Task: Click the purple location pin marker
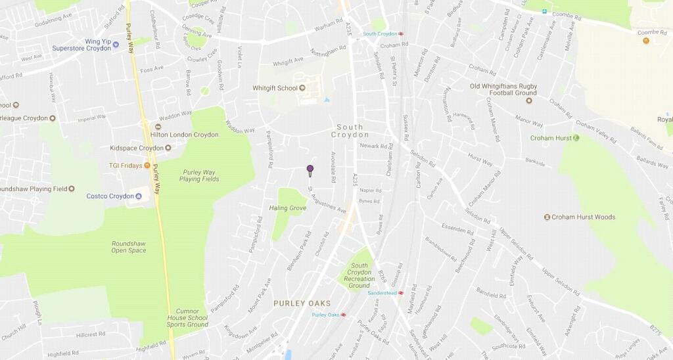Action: pos(310,170)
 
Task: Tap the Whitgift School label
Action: pos(275,88)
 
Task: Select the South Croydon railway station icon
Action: pos(401,34)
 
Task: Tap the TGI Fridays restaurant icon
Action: pos(147,166)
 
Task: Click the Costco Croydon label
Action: pos(110,196)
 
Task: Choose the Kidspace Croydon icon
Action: pos(168,148)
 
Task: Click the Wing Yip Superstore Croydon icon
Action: pos(116,45)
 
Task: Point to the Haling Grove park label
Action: pos(288,208)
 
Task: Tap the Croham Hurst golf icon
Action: pos(576,138)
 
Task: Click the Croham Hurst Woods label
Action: pos(584,217)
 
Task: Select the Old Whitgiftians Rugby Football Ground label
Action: pos(503,89)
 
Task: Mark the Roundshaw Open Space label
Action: pos(128,247)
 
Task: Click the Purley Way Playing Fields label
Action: pos(199,175)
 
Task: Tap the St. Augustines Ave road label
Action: pos(327,200)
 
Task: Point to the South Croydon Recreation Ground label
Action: pos(360,275)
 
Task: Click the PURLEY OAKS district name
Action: pos(303,304)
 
